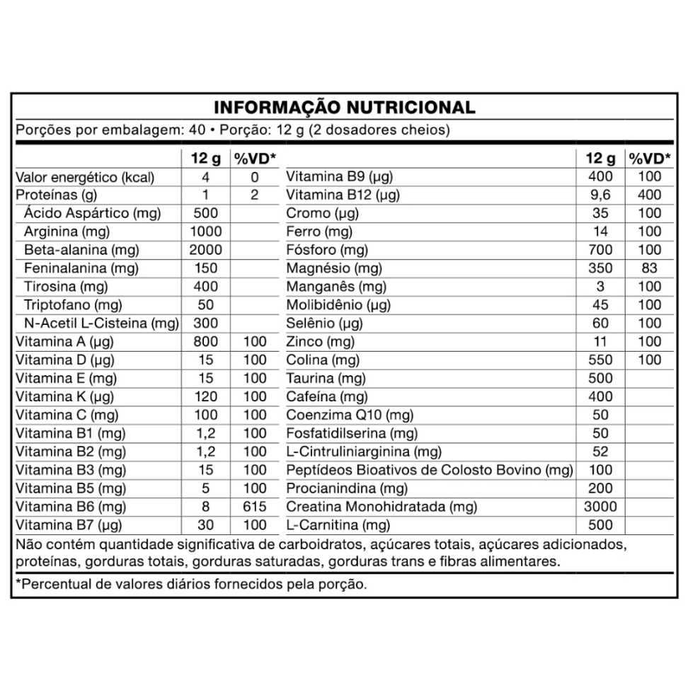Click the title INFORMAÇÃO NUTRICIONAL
(344, 108)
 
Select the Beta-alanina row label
(81, 250)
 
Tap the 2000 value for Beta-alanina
(206, 250)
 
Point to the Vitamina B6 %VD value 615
(255, 507)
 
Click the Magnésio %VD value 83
(649, 268)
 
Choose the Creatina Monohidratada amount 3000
(600, 507)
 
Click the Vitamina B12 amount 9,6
(600, 195)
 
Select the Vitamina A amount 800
(206, 342)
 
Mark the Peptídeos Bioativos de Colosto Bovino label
(429, 471)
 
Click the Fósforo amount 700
(600, 250)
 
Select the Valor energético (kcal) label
(85, 177)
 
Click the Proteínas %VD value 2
(255, 195)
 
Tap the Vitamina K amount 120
(206, 397)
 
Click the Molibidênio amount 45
(600, 305)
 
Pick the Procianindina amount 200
(600, 489)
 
